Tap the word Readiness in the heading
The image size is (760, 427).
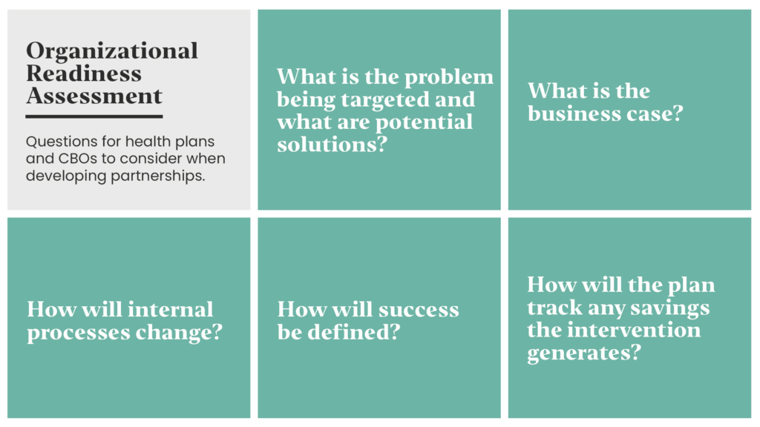click(84, 73)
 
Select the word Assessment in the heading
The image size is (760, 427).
click(94, 96)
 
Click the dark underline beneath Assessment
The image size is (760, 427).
click(94, 116)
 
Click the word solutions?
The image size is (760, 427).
click(332, 145)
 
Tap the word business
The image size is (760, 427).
click(574, 113)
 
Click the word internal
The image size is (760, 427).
click(171, 310)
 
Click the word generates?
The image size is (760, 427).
click(584, 354)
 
